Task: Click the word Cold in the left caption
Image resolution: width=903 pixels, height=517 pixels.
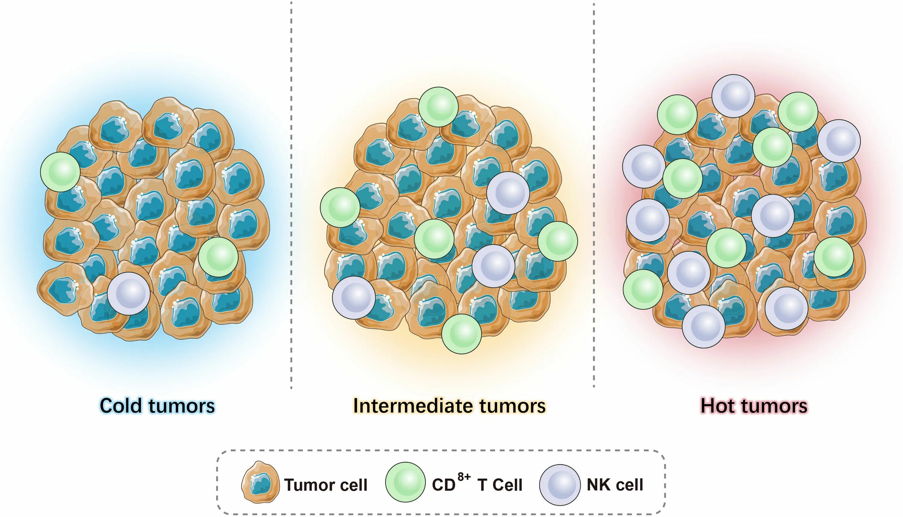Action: (x=121, y=406)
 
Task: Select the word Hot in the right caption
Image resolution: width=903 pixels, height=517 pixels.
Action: (x=721, y=406)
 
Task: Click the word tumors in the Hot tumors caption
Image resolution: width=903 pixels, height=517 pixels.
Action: (x=777, y=406)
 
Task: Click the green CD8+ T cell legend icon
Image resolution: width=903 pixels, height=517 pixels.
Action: (x=405, y=482)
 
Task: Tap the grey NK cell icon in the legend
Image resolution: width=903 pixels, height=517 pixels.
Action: (x=560, y=485)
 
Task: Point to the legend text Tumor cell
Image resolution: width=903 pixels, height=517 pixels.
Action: (x=325, y=485)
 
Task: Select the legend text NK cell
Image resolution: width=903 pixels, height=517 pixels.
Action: (x=615, y=485)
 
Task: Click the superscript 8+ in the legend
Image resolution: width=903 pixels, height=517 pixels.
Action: (x=464, y=477)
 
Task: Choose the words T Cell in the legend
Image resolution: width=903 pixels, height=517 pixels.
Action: (x=500, y=485)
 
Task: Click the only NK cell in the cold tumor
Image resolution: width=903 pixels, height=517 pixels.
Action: (x=129, y=293)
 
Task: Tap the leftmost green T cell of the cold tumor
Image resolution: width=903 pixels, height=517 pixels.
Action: (x=60, y=172)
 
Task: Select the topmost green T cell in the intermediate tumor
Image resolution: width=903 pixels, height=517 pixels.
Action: (x=438, y=107)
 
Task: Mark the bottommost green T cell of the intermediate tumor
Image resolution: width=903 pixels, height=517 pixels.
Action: (x=461, y=334)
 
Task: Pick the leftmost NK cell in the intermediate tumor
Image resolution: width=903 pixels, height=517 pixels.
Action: (x=354, y=298)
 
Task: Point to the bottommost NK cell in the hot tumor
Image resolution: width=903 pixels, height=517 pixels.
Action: (x=703, y=326)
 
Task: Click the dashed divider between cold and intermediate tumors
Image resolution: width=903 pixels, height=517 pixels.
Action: (x=291, y=195)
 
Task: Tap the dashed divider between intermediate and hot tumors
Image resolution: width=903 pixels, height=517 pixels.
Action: (x=594, y=195)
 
